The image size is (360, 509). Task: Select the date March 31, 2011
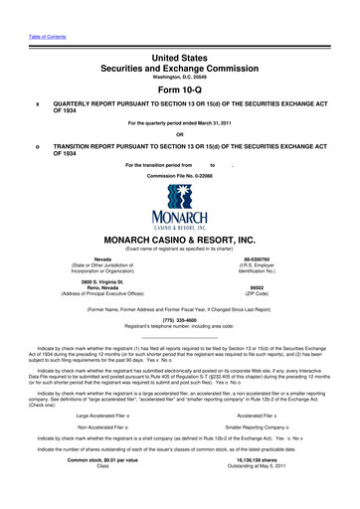[x=231, y=123]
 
